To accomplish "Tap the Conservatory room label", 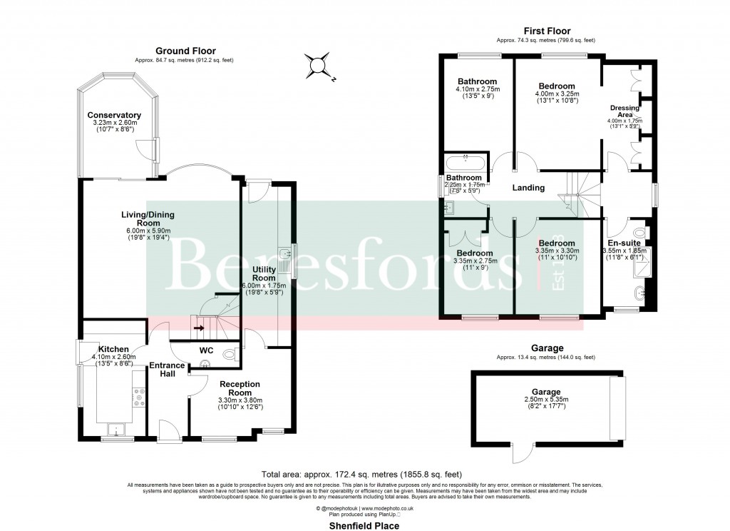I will coord(114,116).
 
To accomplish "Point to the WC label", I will coord(207,350).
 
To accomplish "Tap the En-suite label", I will coord(624,243).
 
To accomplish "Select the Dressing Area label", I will coord(624,111).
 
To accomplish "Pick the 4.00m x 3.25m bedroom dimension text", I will coord(557,93).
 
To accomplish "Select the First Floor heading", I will coord(545,31).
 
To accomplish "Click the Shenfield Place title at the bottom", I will coord(364,525).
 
